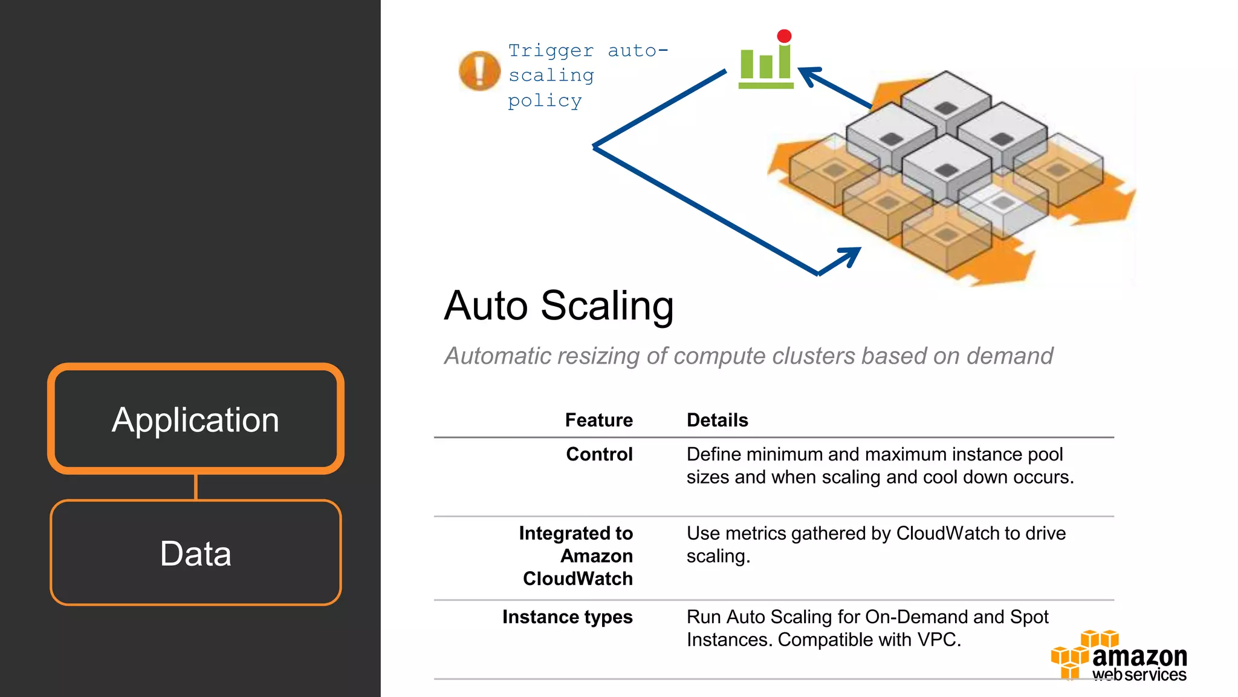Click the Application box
coord(195,419)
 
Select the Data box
coord(195,552)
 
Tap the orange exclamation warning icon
coord(479,71)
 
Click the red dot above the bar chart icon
coord(784,36)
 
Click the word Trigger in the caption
coord(551,51)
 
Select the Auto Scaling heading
coord(558,306)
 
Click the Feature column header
coord(598,420)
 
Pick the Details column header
coord(717,420)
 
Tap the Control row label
coord(599,454)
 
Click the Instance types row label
coord(567,617)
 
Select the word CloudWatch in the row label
coord(577,578)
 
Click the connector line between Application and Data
coord(195,487)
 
